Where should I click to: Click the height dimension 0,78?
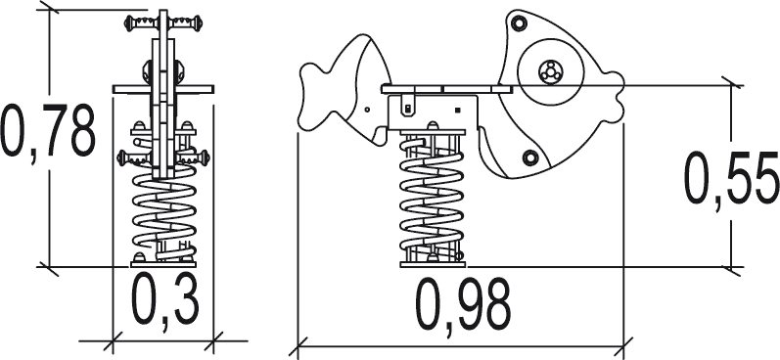(49, 131)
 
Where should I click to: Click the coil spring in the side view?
(430, 200)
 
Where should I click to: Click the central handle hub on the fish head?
(549, 70)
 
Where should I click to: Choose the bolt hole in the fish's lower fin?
(529, 157)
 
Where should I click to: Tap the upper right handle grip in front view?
(192, 19)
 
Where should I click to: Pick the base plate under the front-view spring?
(163, 263)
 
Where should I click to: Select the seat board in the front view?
(163, 89)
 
